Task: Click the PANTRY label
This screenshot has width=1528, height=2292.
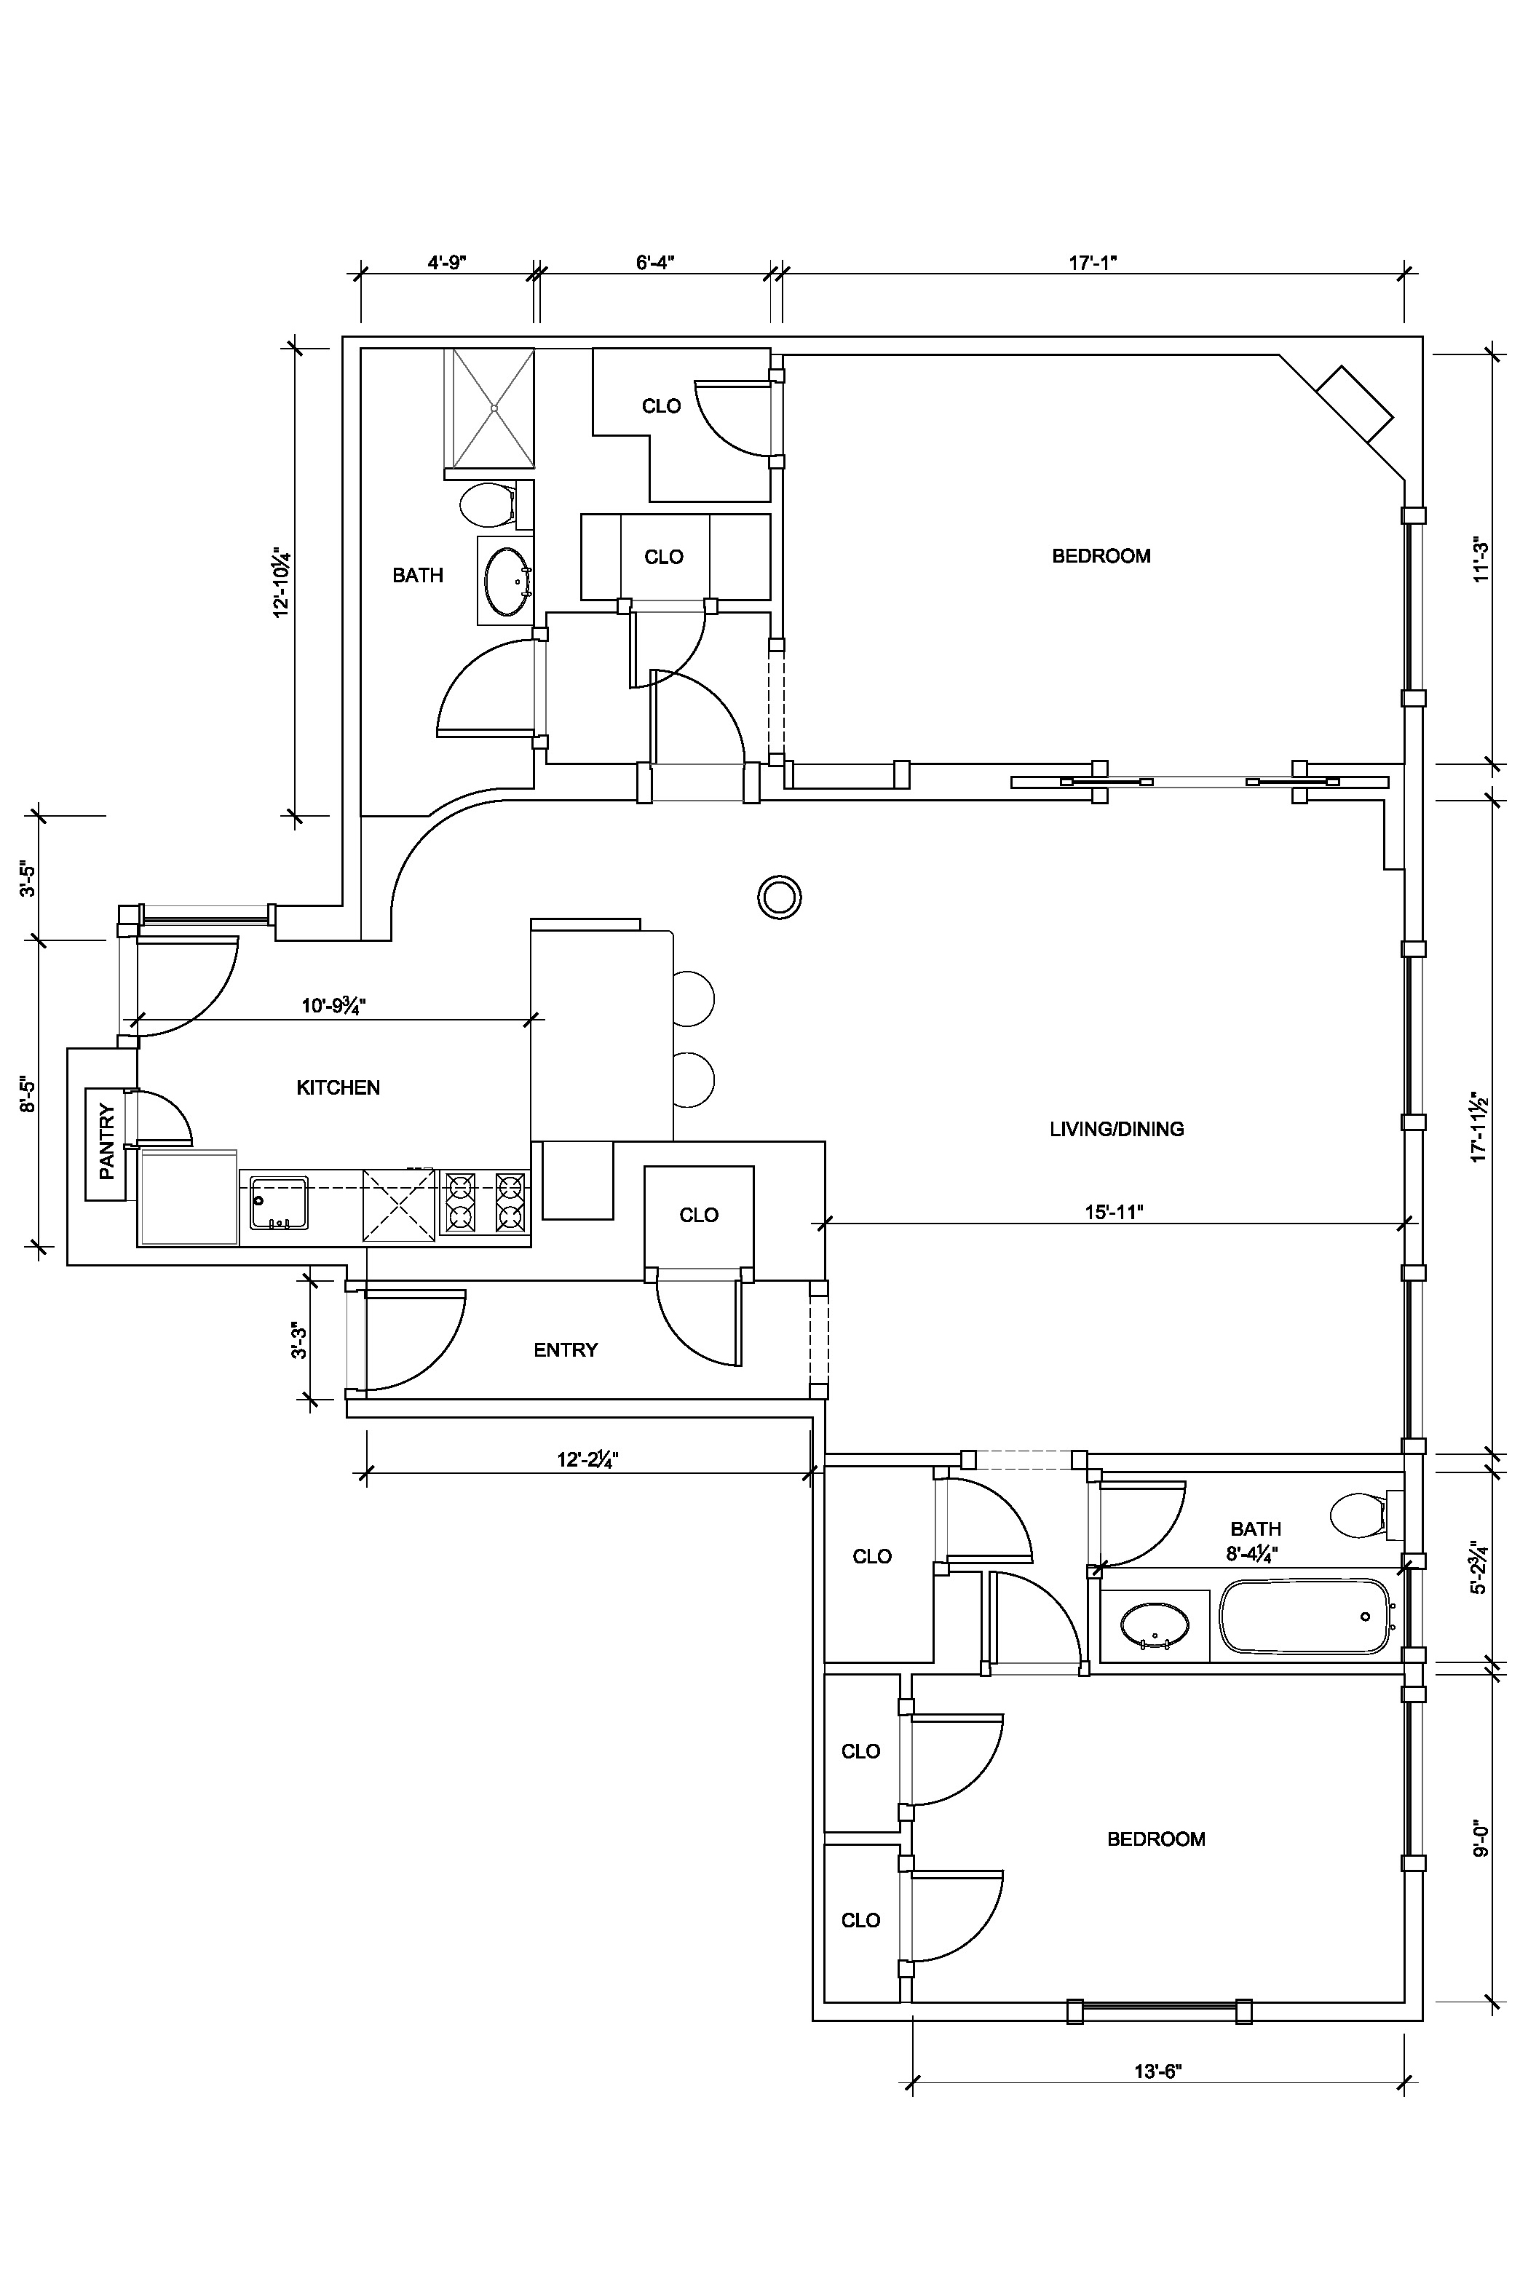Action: point(107,1141)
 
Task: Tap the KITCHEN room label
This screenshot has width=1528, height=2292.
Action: point(339,1087)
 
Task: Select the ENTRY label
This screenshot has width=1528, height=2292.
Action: point(565,1349)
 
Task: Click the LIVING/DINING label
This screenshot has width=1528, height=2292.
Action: point(1117,1129)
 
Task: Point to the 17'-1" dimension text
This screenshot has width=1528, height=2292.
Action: point(1093,262)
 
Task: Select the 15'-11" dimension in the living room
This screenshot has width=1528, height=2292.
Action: point(1114,1212)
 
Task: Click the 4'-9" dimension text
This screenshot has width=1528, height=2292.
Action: point(447,262)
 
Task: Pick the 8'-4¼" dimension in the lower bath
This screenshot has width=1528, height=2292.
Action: point(1252,1554)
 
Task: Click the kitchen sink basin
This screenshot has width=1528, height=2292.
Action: point(279,1203)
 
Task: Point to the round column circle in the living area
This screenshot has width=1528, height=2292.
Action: point(780,897)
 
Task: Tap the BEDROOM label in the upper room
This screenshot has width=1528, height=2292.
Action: point(1101,556)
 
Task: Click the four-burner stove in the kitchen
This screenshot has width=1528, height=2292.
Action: point(484,1203)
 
